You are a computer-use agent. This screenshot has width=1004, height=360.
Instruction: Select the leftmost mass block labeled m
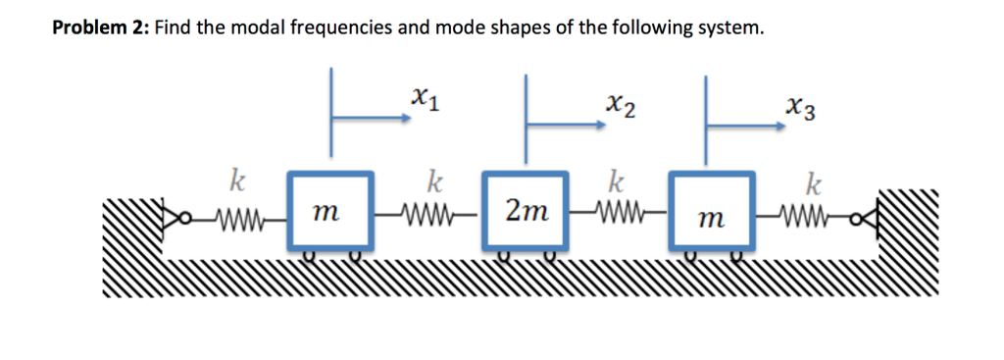pos(330,211)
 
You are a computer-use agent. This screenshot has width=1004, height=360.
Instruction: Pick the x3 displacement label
pos(798,105)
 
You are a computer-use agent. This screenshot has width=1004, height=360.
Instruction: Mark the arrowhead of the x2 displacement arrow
pos(600,125)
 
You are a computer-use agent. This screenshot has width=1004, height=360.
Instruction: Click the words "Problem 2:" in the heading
pos(98,27)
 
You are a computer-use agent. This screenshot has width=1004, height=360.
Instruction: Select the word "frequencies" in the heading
pos(342,27)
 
